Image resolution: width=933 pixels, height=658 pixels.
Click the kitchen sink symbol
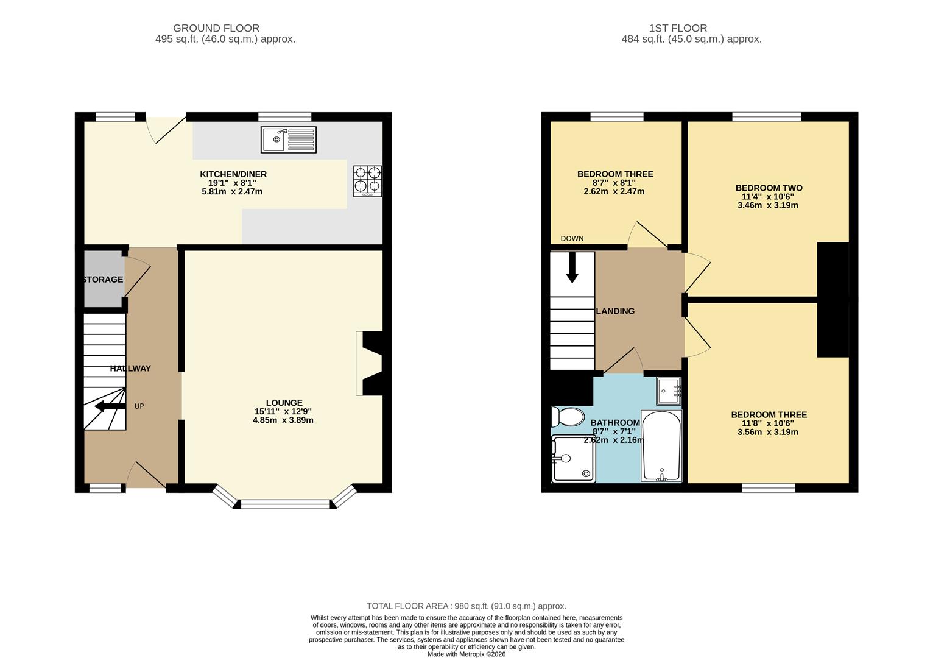coord(289,140)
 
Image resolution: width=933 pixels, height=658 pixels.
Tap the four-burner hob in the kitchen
coord(368,180)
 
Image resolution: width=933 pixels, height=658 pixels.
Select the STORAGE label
coord(103,280)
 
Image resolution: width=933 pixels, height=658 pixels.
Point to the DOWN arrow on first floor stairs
coord(572,268)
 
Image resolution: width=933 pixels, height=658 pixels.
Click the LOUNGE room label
coord(284,403)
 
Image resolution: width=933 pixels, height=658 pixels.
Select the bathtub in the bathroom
coord(661,447)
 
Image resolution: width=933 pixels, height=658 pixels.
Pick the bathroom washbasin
coord(669,391)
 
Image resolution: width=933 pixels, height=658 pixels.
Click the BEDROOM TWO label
coord(769,188)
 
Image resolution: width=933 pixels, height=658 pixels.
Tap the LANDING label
coord(615,311)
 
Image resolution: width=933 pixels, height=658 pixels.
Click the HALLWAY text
coord(130,369)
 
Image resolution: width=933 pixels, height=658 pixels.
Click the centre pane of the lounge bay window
coord(285,504)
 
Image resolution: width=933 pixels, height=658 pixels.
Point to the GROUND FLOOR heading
coord(216,28)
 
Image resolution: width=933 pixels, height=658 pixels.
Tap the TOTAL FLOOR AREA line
coord(466,606)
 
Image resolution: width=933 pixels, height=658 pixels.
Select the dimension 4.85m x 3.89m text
coord(283,420)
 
